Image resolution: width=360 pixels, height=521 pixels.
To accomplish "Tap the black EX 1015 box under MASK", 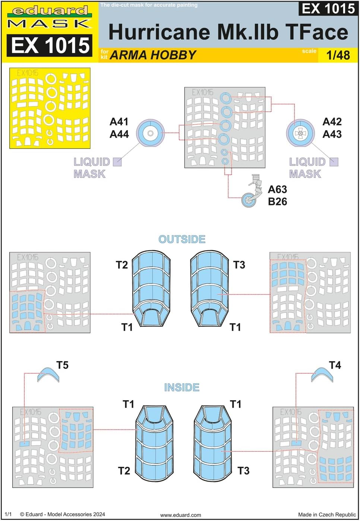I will tap(50, 45).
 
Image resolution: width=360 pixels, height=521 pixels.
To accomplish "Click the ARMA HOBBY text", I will tap(153, 55).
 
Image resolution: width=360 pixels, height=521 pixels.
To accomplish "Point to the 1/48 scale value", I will tap(338, 55).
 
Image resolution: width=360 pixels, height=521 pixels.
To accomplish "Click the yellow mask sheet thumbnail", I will tap(50, 108).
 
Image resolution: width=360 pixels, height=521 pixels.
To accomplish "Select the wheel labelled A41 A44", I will tap(150, 133).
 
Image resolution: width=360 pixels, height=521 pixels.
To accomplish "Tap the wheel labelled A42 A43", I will tap(300, 133).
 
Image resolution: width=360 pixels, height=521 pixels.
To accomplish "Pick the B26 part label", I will tap(277, 202).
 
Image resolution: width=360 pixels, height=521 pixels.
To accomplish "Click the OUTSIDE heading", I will tap(182, 239).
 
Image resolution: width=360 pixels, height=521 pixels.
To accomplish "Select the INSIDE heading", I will tap(182, 387).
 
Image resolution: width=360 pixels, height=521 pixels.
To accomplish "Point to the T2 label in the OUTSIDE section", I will tap(122, 265).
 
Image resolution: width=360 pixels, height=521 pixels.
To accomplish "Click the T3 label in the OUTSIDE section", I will tap(239, 265).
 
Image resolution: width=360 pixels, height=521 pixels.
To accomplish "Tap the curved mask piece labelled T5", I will tap(48, 374).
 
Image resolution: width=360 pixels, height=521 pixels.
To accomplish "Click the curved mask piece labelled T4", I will tap(322, 374).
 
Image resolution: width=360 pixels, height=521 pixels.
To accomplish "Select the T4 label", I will tap(335, 365).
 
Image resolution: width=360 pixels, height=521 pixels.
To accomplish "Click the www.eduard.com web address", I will tap(180, 515).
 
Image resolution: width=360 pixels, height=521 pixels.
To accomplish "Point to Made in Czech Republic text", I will tap(327, 515).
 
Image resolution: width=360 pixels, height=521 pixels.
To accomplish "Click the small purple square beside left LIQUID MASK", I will tap(117, 162).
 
